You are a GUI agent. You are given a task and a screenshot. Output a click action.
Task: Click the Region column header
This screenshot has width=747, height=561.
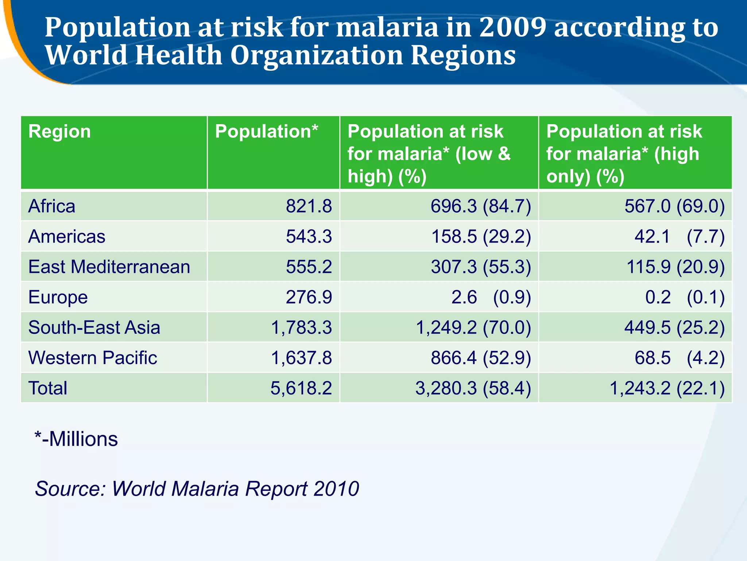pos(59,131)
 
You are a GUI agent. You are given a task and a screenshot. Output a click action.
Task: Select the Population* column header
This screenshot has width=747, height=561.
pos(266,131)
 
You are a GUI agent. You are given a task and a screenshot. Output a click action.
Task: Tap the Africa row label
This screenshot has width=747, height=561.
pos(52,206)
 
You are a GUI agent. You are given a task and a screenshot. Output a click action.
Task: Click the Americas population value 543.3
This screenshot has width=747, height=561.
pos(309,237)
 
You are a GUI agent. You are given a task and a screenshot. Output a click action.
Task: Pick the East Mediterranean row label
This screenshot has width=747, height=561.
pos(109,267)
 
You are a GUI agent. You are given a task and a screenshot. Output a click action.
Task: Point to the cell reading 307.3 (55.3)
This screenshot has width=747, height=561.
pos(481,267)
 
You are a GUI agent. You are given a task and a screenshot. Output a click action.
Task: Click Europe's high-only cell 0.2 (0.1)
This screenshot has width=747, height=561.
pos(685,297)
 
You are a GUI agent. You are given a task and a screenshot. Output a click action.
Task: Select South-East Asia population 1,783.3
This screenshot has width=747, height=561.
pos(301,328)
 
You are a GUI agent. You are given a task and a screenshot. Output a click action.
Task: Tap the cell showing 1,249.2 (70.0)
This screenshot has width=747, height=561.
pos(473,328)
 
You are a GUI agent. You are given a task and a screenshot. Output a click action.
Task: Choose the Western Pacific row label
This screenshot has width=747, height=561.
pos(93,358)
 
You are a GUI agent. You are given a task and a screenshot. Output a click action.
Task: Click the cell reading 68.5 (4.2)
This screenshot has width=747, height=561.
pos(679,358)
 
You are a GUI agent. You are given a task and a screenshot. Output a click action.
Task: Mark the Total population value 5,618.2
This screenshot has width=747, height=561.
pos(301,388)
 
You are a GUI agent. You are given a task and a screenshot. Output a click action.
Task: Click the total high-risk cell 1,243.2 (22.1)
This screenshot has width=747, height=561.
pos(667,388)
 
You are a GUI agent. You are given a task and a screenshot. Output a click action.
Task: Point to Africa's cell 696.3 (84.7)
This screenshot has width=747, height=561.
pos(481,206)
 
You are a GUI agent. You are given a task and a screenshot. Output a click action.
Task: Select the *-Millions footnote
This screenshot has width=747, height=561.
pos(76,439)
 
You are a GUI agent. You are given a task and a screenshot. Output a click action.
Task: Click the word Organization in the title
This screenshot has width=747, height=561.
pos(317,56)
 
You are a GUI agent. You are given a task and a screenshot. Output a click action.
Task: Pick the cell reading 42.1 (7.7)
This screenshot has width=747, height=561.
pos(679,237)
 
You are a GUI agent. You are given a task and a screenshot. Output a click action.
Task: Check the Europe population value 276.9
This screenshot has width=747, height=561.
pos(309,297)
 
